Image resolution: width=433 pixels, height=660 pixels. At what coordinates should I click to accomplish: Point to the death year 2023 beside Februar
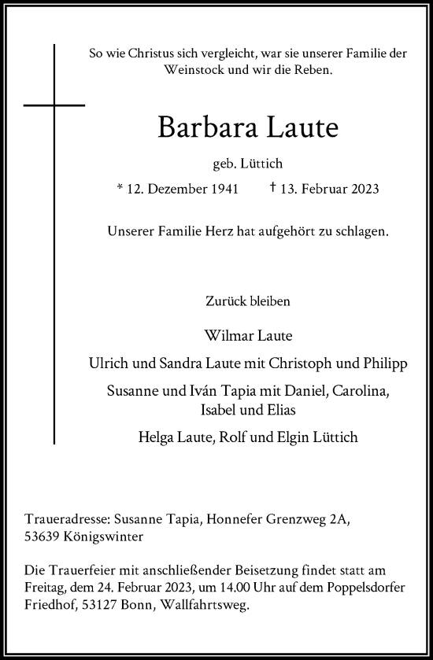(365, 190)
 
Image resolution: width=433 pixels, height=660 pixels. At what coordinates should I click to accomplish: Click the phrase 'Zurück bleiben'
(246, 301)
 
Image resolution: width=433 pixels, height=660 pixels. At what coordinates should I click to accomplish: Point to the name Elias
(287, 408)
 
